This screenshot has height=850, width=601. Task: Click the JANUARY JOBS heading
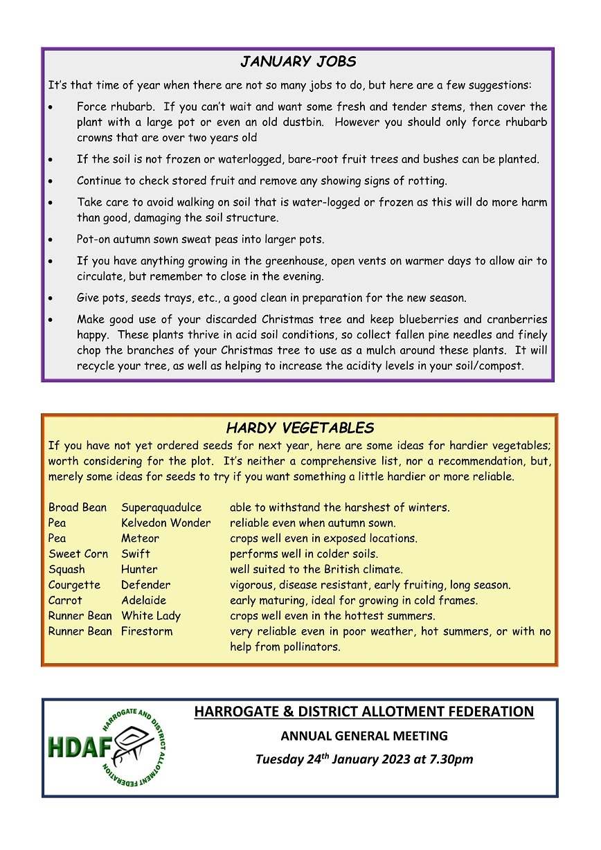(x=298, y=62)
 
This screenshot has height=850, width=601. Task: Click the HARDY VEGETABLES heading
(x=300, y=428)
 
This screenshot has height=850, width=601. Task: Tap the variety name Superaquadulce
(x=161, y=507)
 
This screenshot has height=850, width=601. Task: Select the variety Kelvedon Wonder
(x=165, y=523)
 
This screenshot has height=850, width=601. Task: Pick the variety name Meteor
(x=140, y=538)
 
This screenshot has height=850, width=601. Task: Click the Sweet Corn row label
(x=78, y=554)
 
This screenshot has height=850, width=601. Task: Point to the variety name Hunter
(x=139, y=569)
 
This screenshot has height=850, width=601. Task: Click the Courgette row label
(x=74, y=585)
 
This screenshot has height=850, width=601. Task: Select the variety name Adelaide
(x=143, y=600)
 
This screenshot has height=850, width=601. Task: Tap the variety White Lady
(x=150, y=615)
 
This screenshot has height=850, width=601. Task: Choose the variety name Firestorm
(x=147, y=631)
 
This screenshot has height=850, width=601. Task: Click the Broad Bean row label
(x=78, y=507)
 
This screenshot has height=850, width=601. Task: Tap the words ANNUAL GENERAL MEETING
(x=364, y=736)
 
